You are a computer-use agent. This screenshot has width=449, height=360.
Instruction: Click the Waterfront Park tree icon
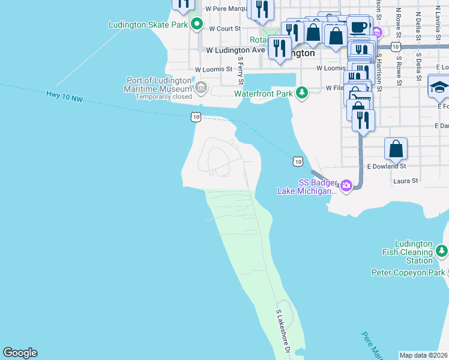point(301,92)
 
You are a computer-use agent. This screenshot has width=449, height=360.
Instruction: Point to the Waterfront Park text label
point(263,94)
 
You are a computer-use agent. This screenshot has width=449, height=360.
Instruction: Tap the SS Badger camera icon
point(346,186)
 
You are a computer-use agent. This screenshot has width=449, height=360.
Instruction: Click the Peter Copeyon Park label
point(408,273)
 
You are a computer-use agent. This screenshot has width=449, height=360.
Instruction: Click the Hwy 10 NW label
point(64,95)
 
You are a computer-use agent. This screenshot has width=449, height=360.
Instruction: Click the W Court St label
point(224,28)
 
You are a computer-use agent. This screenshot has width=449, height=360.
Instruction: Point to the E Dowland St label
point(387,166)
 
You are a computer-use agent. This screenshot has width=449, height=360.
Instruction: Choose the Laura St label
point(405,180)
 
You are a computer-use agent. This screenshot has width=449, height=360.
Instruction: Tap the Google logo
point(20,353)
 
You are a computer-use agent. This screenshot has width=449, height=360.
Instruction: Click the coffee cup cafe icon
point(359,27)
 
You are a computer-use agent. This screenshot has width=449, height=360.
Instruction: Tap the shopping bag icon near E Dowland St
point(396,148)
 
